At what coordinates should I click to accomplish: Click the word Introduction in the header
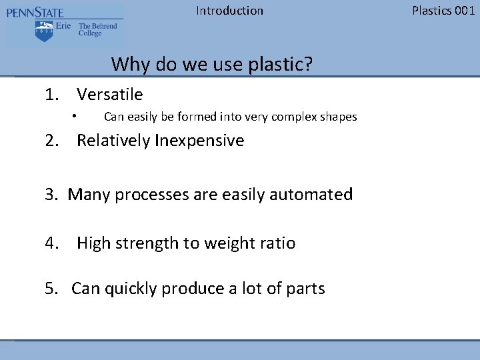point(229,11)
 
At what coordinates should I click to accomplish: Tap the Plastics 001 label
point(443,11)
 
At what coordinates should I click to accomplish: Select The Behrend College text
point(97,30)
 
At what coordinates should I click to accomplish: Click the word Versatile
point(109,95)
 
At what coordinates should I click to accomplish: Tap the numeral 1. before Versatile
point(53,95)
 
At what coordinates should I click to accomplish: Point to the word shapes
point(339,117)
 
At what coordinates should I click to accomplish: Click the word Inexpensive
point(199,141)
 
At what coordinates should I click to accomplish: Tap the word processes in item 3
point(152,195)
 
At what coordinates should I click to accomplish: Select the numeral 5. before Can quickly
point(52,289)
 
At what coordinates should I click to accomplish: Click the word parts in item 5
point(305,289)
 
